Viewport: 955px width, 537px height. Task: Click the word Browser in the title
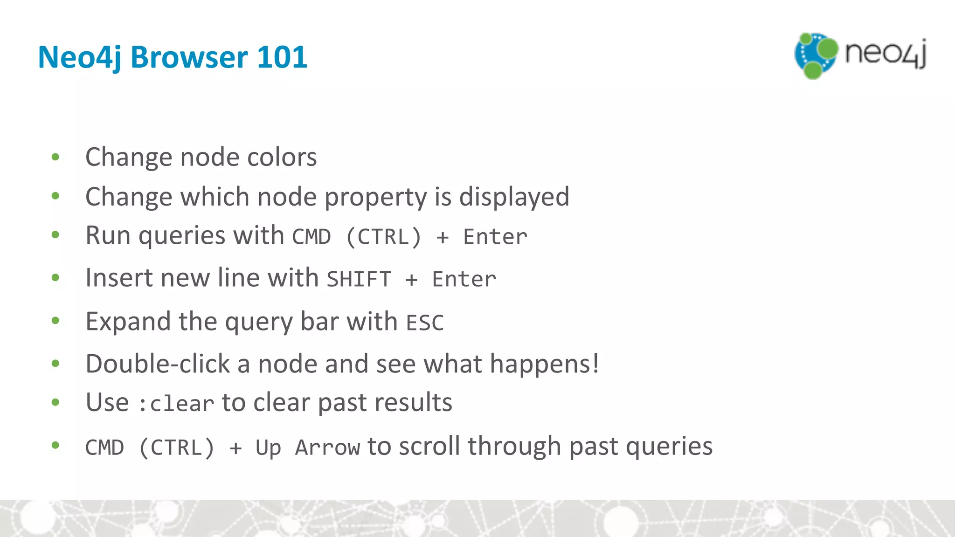coord(189,57)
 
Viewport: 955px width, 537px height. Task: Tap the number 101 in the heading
coord(282,57)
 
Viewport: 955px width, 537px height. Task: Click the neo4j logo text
coord(885,54)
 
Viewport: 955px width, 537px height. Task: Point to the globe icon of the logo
coord(816,55)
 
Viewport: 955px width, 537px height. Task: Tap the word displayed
coord(514,197)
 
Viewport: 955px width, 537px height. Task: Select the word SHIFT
coord(359,279)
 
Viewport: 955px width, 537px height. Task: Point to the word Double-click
coord(158,364)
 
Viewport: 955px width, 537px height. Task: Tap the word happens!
coord(544,364)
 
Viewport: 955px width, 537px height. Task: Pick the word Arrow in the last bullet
coord(327,448)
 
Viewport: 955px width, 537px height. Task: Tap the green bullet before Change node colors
coord(55,157)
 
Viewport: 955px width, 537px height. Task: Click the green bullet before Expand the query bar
coord(55,321)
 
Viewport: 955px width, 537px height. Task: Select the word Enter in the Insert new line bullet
coord(464,279)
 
